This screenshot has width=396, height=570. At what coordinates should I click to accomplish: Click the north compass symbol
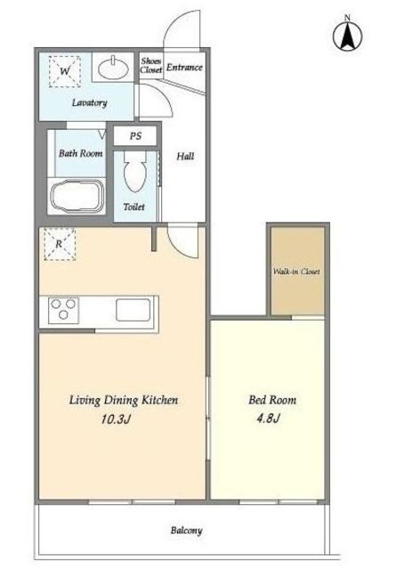(347, 36)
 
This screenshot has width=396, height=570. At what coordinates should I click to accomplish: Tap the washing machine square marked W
(65, 71)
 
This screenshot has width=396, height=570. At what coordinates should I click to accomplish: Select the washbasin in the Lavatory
(113, 68)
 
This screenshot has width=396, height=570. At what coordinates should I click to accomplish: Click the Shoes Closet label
(150, 65)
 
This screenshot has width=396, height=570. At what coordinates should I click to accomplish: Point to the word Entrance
(184, 68)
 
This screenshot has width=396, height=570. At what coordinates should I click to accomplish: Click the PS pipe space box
(135, 136)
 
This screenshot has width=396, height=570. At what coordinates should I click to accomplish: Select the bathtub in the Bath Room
(77, 197)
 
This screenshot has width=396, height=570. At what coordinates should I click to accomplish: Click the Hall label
(185, 157)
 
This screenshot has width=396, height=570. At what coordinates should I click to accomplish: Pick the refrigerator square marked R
(60, 244)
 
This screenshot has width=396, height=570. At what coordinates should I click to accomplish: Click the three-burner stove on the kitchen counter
(63, 310)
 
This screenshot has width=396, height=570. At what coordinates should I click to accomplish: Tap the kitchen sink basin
(133, 310)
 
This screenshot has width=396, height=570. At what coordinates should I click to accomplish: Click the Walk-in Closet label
(296, 272)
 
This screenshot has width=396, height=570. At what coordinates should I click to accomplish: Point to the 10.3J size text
(115, 419)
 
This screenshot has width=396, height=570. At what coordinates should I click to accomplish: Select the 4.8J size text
(268, 419)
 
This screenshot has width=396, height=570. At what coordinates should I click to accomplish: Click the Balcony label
(186, 531)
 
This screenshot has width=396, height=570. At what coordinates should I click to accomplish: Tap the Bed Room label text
(272, 400)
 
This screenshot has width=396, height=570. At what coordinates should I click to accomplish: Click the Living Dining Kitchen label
(124, 400)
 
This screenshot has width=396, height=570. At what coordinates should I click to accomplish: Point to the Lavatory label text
(89, 103)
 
